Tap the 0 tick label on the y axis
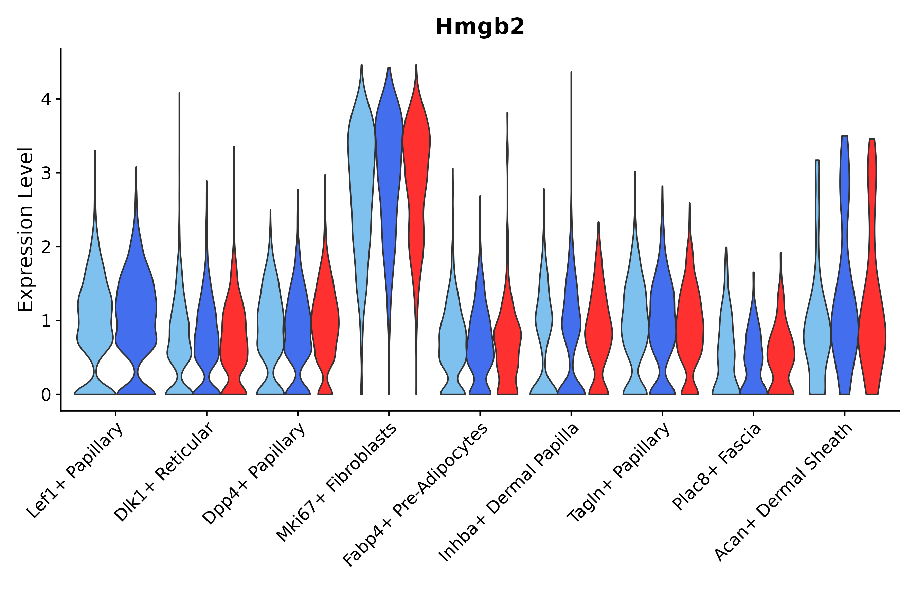(46, 395)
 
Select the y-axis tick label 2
(46, 247)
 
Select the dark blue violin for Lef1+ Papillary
(136, 312)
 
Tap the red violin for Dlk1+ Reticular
(234, 331)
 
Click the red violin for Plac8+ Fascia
(780, 351)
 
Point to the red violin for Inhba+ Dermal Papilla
(598, 331)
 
